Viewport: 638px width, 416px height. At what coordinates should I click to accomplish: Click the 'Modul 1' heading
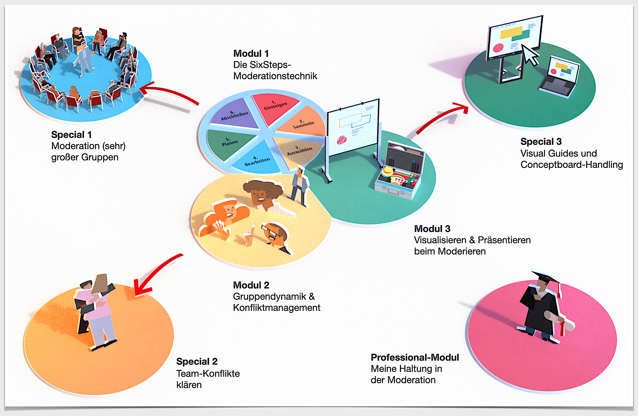(251, 54)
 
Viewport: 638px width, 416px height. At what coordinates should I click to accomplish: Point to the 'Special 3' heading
(541, 142)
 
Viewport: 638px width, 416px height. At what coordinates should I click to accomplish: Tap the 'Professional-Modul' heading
(415, 357)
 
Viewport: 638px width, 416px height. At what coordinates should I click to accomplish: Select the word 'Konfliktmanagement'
(277, 308)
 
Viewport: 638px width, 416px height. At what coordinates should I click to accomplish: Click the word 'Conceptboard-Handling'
(572, 165)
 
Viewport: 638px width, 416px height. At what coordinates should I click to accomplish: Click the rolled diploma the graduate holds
(559, 320)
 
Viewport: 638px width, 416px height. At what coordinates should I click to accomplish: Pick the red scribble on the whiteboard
(342, 140)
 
